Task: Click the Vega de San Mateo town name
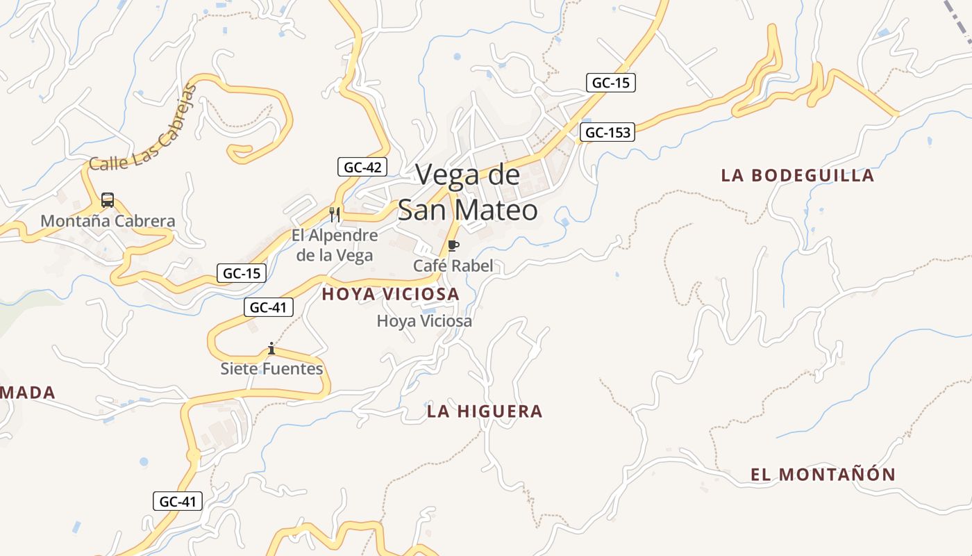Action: pos(467,192)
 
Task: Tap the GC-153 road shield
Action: pos(607,132)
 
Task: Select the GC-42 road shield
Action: pos(362,167)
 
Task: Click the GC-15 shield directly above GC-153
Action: pos(611,83)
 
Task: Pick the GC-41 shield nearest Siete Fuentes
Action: pos(269,306)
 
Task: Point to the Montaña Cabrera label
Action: pos(108,221)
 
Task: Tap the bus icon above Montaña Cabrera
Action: pos(108,200)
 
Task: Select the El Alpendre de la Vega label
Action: pos(335,245)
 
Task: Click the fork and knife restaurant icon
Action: pos(335,214)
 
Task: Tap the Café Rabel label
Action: pos(453,265)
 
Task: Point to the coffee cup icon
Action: pos(453,245)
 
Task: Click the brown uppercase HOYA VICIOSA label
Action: pos(390,294)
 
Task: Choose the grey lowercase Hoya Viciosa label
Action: pos(424,321)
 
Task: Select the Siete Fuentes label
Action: pos(271,368)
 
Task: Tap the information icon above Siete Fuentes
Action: pos(271,348)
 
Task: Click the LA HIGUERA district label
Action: pos(485,411)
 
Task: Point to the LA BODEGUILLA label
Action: pos(797,175)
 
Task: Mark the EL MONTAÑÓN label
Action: pos(823,475)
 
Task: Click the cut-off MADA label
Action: pos(28,393)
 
